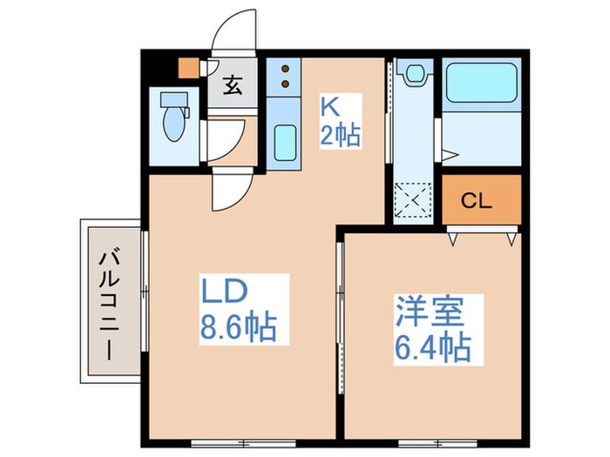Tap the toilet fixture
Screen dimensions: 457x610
pos(174,118)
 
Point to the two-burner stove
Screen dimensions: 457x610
pos(283,77)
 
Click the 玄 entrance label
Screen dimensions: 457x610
pos(232,86)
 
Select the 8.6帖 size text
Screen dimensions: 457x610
pos(239,327)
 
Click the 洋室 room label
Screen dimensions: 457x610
pos(427,310)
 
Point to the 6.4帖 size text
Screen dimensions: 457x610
pos(432,347)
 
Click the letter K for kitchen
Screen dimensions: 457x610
pos(330,105)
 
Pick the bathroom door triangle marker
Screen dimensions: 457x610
pos(449,156)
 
